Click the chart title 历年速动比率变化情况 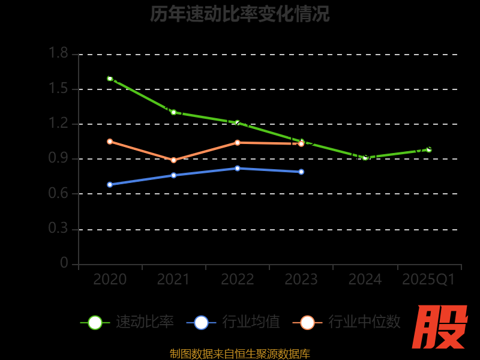[240, 14]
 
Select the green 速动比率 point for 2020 [110, 79]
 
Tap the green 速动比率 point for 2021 [173, 112]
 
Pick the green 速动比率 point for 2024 [365, 157]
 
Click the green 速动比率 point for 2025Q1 [429, 149]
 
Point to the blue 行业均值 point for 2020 [110, 184]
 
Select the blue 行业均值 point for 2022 [238, 168]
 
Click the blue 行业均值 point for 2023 [301, 172]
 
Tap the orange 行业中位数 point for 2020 [110, 142]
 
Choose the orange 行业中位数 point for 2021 [173, 160]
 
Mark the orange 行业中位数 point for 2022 [238, 143]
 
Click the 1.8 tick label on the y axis [58, 54]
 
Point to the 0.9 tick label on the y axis [58, 159]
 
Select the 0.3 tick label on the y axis [58, 229]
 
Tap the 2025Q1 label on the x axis [428, 280]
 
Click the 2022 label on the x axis [238, 280]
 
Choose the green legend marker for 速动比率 [95, 322]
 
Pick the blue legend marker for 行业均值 [201, 322]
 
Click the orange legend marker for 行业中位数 [307, 322]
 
